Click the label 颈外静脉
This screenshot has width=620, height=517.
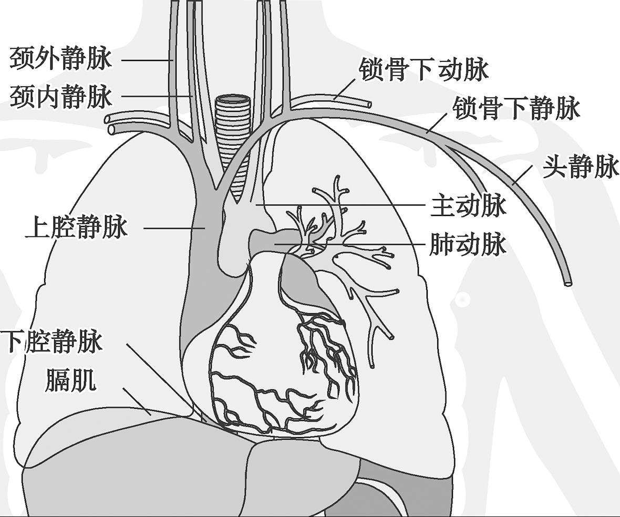pos(60,58)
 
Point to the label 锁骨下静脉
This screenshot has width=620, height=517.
pos(516,109)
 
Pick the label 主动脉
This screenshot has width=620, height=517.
pos(468,205)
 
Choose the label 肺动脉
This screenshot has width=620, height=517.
pos(468,245)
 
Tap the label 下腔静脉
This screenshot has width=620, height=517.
pos(51,342)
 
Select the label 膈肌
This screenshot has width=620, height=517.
pos(70,380)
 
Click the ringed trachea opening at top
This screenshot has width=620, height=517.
pos(232,99)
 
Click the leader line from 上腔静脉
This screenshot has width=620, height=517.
pos(174,228)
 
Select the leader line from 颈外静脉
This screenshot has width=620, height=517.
pos(147,59)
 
